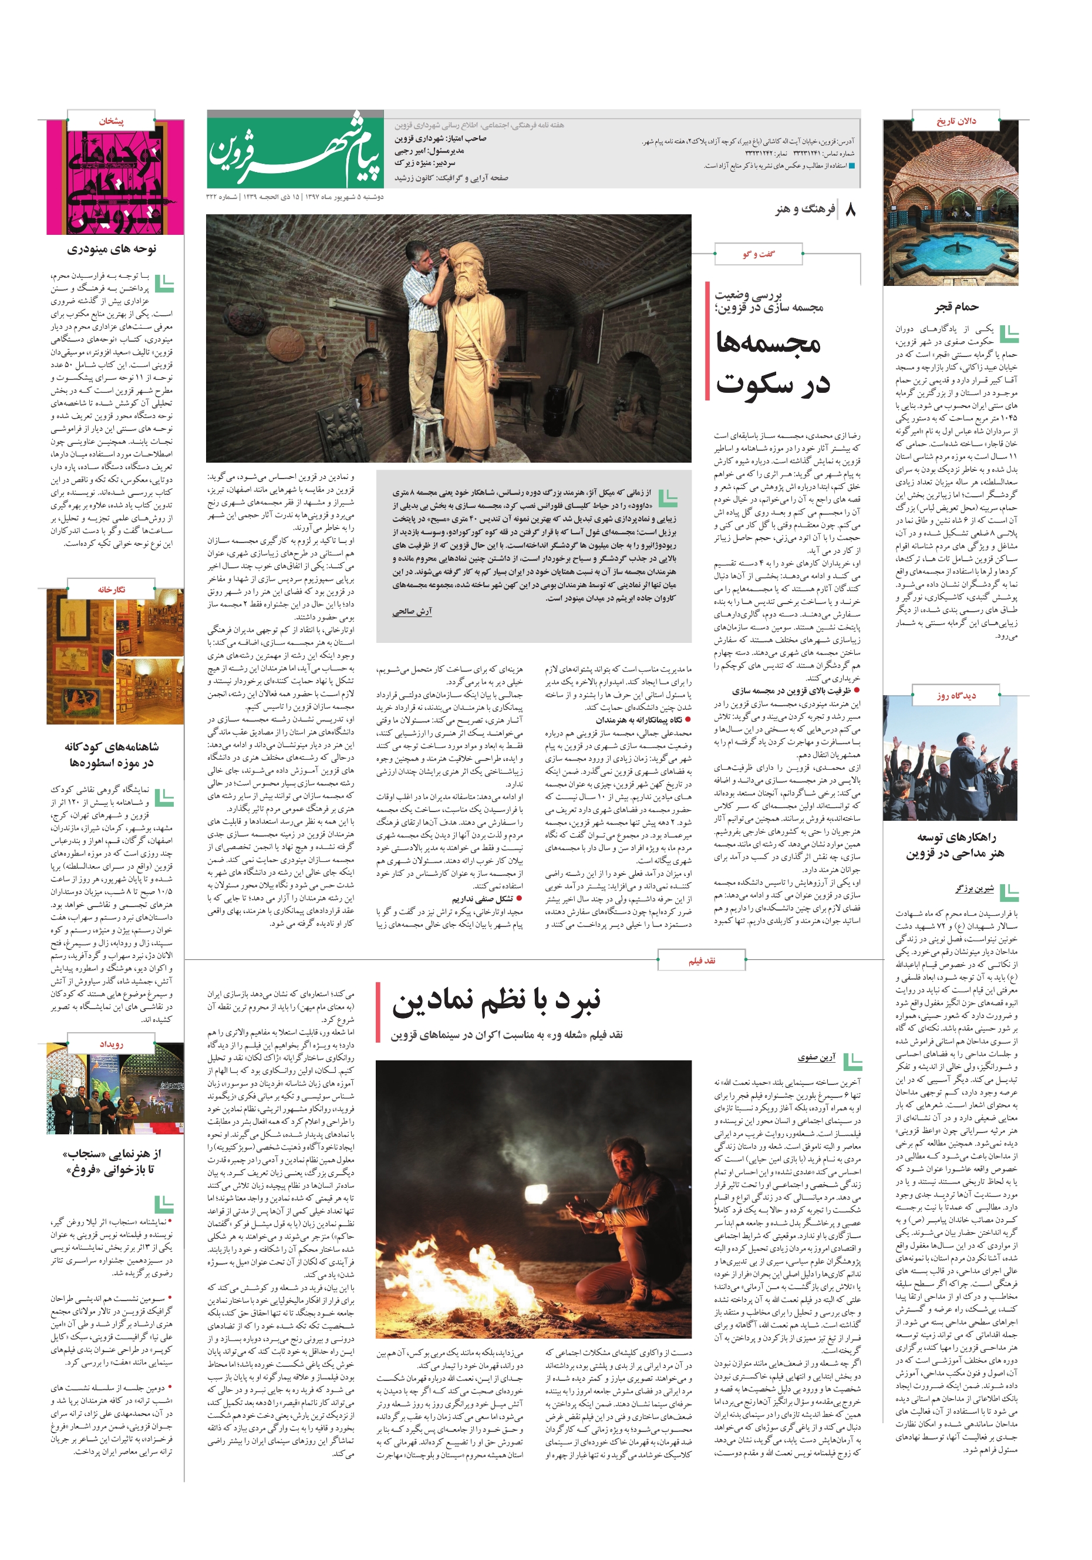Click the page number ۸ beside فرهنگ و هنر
coord(850,210)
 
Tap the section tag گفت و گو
coord(759,254)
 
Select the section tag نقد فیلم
coord(701,960)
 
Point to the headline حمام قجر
coord(956,307)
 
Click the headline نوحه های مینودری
coord(112,250)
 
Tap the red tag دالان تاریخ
coord(956,121)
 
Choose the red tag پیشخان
coord(112,122)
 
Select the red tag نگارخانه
coord(112,589)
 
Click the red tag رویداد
coord(112,1044)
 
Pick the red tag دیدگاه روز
coord(956,695)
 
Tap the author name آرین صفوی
coord(816,1058)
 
